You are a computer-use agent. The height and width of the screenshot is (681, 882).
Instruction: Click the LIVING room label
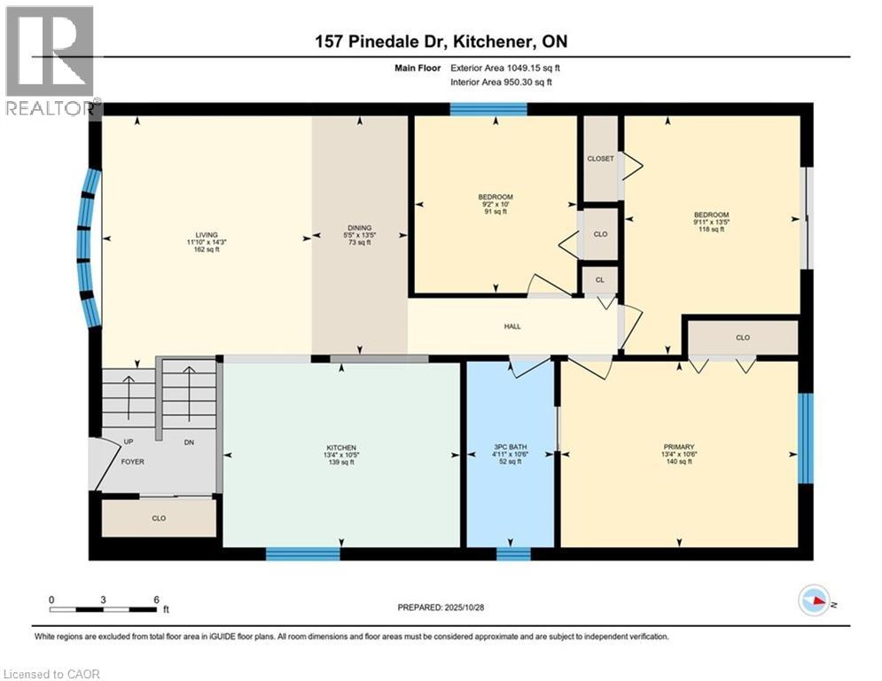point(206,235)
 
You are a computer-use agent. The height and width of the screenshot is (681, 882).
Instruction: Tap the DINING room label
point(359,227)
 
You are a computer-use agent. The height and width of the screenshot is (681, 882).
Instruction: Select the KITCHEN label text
point(341,448)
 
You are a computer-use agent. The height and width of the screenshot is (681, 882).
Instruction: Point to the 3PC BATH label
point(510,448)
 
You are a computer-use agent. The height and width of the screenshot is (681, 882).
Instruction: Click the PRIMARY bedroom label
point(679,447)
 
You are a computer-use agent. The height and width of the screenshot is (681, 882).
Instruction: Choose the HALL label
point(512,326)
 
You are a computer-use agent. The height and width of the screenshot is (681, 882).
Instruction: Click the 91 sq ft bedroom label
point(495,197)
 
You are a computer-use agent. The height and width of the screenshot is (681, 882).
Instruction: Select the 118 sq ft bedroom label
point(711,215)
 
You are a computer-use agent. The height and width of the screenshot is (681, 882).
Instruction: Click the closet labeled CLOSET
point(600,159)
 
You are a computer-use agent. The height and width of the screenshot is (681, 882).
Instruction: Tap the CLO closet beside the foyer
point(159,518)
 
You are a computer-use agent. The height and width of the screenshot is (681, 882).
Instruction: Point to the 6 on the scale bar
point(156,599)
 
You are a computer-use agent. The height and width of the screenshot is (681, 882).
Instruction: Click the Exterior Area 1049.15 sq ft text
point(505,67)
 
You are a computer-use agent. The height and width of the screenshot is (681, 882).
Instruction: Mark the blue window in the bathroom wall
point(513,554)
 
